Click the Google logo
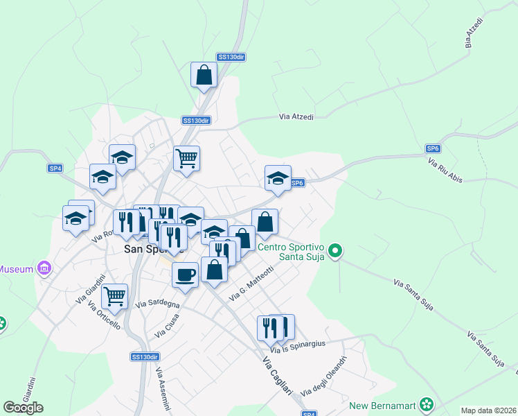coord(24,408)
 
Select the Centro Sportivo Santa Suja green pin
coord(335,250)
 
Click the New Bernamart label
coord(385,406)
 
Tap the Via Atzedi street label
coord(296,117)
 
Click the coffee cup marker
coord(185,274)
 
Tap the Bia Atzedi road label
coord(474,31)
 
